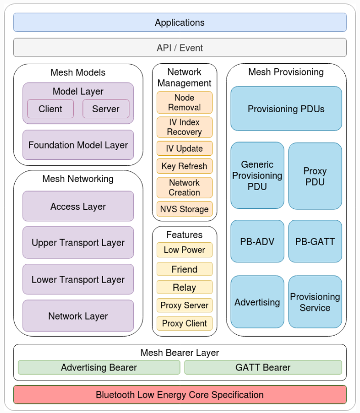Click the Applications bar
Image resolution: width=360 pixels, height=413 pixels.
(x=179, y=23)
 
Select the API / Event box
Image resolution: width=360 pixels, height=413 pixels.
(x=179, y=48)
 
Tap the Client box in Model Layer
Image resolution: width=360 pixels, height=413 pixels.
(x=51, y=109)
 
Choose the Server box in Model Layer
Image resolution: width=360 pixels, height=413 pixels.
(x=106, y=109)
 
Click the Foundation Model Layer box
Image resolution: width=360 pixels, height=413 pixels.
(x=78, y=145)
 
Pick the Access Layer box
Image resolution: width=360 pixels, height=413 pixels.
(x=78, y=206)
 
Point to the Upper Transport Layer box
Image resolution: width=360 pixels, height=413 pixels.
(x=78, y=243)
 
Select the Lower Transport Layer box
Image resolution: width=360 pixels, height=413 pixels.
(x=78, y=280)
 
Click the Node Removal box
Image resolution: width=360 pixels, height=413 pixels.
(x=185, y=103)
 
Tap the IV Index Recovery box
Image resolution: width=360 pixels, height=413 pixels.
(x=185, y=127)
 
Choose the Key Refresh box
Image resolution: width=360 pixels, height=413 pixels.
(x=185, y=166)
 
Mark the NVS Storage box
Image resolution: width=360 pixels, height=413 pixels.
(x=185, y=209)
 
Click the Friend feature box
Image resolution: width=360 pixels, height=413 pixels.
(x=185, y=269)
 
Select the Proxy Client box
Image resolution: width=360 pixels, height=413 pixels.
(x=185, y=324)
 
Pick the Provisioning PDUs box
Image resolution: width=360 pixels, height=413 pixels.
(x=286, y=109)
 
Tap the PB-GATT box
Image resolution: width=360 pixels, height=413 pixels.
(x=315, y=242)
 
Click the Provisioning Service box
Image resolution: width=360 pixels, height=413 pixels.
(x=315, y=302)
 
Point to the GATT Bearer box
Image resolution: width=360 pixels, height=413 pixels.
(x=263, y=368)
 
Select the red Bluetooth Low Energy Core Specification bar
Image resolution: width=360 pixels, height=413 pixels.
(x=179, y=395)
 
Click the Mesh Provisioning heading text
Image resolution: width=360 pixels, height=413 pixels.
(x=286, y=72)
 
